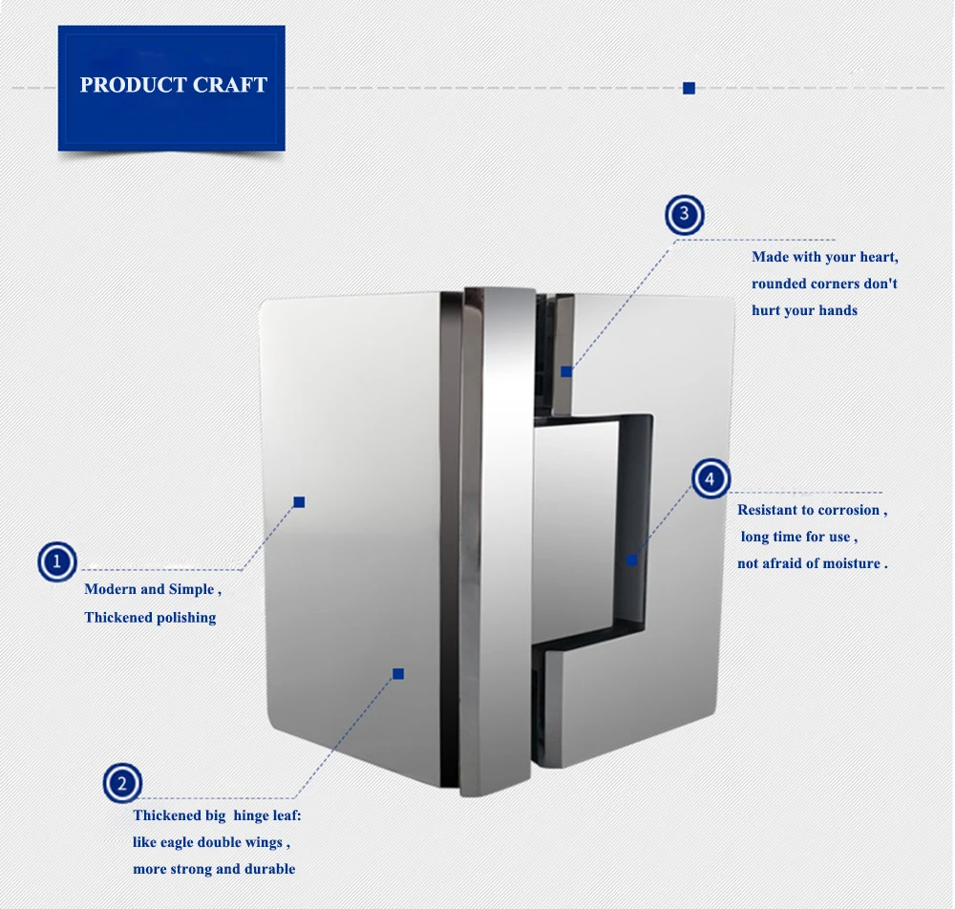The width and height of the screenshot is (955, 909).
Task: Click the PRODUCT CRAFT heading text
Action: pos(173,85)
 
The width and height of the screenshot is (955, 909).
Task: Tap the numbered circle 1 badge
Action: pos(57,562)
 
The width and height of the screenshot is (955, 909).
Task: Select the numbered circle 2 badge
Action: pos(122,784)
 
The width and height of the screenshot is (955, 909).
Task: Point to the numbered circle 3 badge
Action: pos(684,215)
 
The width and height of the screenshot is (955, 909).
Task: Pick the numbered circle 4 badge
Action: pos(710,478)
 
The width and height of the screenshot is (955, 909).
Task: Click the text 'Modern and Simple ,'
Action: pos(153,589)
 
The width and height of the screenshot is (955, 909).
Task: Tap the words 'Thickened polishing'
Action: pos(150,617)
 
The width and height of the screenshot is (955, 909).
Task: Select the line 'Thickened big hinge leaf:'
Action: pos(217,814)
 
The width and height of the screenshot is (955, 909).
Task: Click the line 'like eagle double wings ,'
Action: pos(211,841)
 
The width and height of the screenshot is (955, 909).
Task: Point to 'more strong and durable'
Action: pos(214,869)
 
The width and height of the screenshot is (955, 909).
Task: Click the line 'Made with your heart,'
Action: pos(825,256)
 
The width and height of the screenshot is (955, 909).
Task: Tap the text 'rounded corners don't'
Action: pos(824,283)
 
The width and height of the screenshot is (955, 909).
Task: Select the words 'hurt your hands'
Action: pos(804,309)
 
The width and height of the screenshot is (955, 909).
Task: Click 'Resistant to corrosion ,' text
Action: pos(812,510)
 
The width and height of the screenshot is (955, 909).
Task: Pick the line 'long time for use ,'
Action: pos(799,537)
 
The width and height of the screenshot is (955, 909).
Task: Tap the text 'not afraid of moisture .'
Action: pos(812,563)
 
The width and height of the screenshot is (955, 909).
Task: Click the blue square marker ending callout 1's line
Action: pos(299,501)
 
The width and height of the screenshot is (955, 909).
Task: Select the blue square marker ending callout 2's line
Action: pos(398,673)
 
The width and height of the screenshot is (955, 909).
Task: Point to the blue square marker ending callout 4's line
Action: pos(631,560)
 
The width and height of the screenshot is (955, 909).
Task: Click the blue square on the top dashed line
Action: pos(689,88)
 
